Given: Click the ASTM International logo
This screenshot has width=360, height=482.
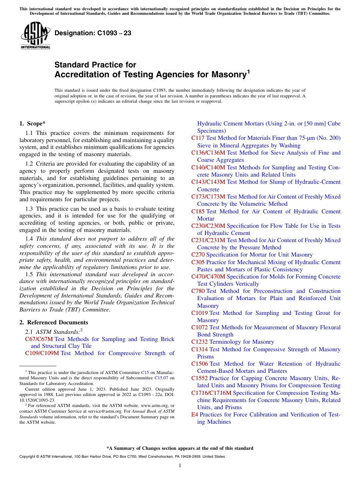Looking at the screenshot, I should coord(35,36).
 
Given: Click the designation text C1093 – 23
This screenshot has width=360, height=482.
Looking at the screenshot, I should coord(93,33).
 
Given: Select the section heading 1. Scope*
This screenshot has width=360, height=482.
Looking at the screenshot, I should coord(33,123).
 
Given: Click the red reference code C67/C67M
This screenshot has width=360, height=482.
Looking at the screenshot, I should coord(39,339).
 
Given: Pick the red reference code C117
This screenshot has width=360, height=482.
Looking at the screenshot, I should coord(198,138).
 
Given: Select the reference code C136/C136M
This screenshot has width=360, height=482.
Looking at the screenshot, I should coord(208,153).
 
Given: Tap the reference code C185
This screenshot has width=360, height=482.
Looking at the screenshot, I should coord(198,211).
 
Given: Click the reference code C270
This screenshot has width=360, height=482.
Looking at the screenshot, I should coord(198,255).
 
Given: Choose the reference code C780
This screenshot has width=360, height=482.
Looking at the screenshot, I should coord(198,291).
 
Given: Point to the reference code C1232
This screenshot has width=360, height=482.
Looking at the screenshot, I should coord(199,342).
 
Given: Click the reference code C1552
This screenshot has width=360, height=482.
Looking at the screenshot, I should coord(199,378).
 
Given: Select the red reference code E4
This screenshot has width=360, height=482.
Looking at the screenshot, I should coord(195,415).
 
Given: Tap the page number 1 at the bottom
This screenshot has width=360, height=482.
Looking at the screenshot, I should coord(180,465).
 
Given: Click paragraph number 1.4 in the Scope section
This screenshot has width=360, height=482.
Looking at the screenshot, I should coord(29,239).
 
